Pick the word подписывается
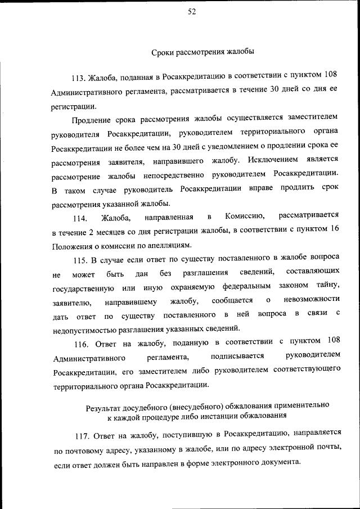tap(237, 356)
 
